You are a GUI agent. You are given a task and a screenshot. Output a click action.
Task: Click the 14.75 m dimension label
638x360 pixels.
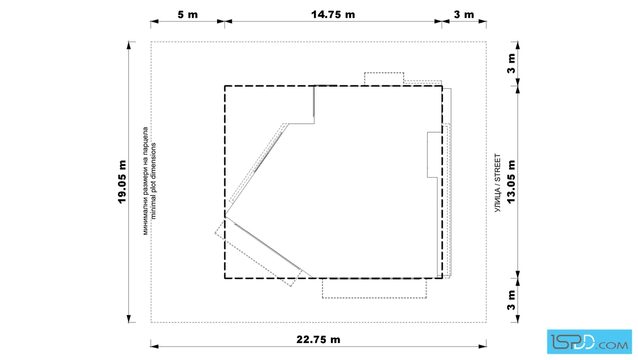coord(333,15)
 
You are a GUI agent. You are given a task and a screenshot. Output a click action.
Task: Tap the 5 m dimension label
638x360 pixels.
coord(187,15)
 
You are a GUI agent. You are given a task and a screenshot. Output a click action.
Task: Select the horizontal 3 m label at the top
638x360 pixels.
coord(464,15)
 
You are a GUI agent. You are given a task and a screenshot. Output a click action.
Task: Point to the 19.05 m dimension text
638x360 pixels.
coord(122,182)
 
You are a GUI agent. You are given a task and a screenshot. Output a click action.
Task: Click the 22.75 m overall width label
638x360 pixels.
coord(318,339)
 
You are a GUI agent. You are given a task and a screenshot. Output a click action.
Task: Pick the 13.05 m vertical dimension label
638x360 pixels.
coord(511,182)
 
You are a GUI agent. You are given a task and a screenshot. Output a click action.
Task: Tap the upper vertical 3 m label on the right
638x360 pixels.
coord(511,63)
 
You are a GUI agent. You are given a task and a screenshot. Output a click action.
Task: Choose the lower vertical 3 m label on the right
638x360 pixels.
coord(511,300)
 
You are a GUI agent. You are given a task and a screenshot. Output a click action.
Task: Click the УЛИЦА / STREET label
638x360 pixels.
coord(498,183)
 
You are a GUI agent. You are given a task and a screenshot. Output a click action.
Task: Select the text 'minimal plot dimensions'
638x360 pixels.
coord(153,181)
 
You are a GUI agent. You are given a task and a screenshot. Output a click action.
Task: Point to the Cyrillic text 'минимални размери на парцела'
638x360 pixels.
coord(145,181)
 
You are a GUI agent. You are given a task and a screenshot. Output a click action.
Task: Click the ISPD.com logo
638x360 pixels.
coord(589,342)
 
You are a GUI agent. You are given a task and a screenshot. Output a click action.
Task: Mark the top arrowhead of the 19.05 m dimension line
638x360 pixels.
coord(129,45)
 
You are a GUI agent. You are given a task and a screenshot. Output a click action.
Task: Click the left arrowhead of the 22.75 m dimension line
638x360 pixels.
coord(154,346)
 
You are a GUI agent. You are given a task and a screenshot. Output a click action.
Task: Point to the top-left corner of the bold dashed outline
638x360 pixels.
coord(224,86)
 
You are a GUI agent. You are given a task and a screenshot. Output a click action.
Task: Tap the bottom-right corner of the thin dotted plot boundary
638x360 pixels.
coord(486,322)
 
